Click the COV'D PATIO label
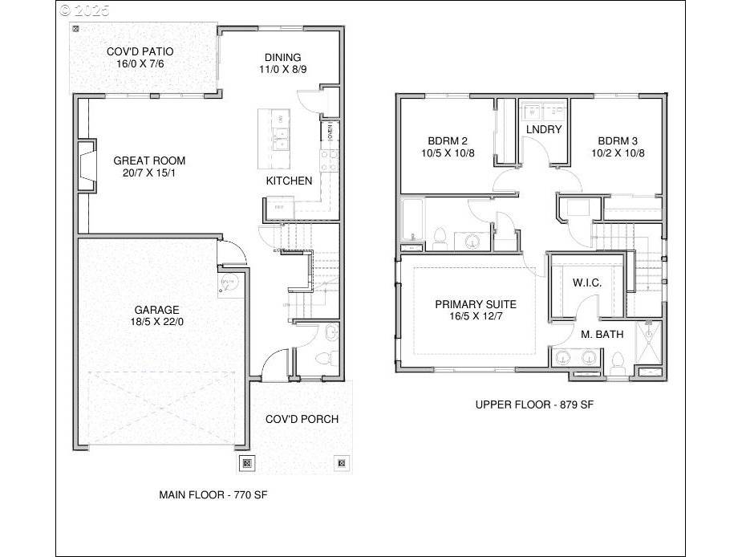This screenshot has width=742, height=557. pos(140,51)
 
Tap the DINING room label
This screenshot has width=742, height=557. pos(282,57)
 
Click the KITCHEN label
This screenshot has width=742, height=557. pos(289,181)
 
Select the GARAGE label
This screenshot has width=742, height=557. pos(156,310)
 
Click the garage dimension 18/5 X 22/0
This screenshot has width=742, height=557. pos(156,322)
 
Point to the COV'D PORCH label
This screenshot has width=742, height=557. pos(302,419)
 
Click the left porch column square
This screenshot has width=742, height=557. pos(247,462)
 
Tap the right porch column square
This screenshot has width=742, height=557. pos(342,462)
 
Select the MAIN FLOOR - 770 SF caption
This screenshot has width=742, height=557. pos(213,495)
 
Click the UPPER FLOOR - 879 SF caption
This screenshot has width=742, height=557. pos(534,405)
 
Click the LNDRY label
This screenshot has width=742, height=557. pos(543,129)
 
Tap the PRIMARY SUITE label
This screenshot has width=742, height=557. pos(476,304)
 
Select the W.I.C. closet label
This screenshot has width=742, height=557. pos(586,283)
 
